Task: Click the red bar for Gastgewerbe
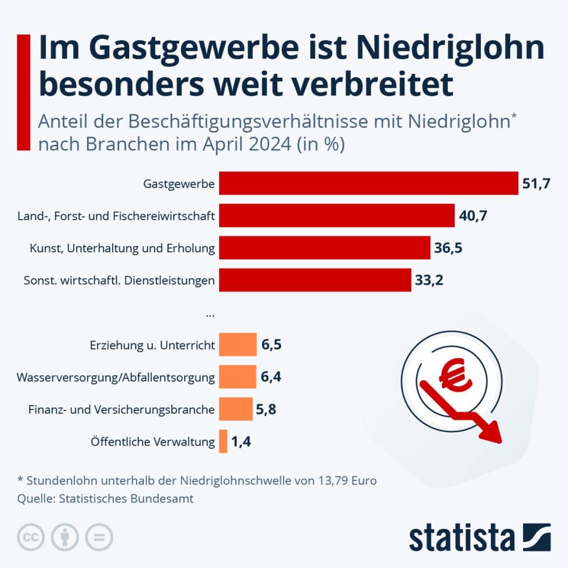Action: (x=368, y=183)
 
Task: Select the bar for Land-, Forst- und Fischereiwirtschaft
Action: (x=337, y=215)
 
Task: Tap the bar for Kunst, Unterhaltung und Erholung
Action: (x=324, y=247)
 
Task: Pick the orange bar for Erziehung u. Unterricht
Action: (x=238, y=344)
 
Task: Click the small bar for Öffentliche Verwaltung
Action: (x=223, y=442)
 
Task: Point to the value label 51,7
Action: (x=536, y=184)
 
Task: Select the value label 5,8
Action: (x=266, y=409)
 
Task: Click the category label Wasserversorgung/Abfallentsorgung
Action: (x=116, y=378)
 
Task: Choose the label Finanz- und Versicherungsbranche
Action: (x=121, y=410)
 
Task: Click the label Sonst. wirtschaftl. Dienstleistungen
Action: (x=119, y=280)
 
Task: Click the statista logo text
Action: (x=461, y=538)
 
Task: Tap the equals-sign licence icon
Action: (x=99, y=537)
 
